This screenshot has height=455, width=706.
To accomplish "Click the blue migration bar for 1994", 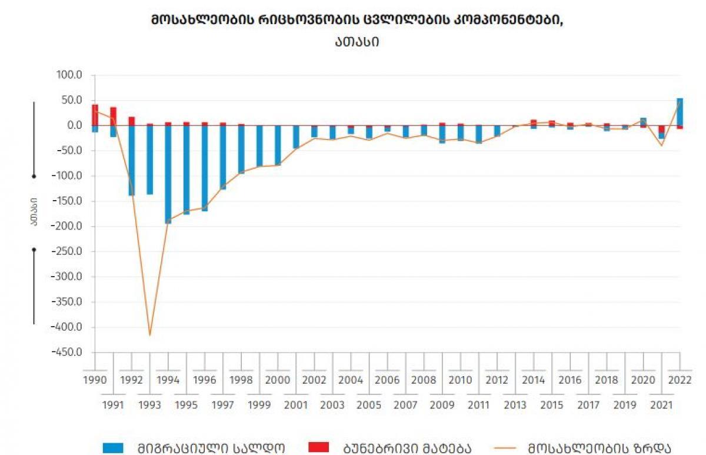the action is coord(168,174).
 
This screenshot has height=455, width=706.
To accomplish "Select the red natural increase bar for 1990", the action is coord(95,115).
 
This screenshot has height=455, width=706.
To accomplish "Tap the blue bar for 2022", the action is coord(680,112).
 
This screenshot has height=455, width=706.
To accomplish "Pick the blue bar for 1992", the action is coord(131,160).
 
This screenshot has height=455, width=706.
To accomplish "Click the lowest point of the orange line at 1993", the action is coord(149,336).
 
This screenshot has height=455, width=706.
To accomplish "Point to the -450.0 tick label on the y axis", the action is coord(66,352).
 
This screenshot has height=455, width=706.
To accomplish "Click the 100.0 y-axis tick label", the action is coord(69,75).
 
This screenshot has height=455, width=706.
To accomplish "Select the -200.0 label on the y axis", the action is coord(66,226).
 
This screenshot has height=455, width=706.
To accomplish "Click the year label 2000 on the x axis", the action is coord(278,380).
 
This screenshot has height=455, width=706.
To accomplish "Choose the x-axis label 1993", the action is coord(149,405).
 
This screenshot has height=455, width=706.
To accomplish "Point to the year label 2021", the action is coord(661,405).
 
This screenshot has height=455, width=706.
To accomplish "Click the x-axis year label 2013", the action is coord(515,405).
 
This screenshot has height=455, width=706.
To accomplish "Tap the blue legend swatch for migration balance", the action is coord(113,448).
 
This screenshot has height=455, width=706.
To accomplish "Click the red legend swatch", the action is coord(319,447).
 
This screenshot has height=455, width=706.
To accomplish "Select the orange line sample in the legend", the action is coord(505,447).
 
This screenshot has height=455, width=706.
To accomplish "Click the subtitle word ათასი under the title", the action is coord(357,42).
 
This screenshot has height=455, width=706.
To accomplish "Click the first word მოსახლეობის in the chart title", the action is coord(202,20).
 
